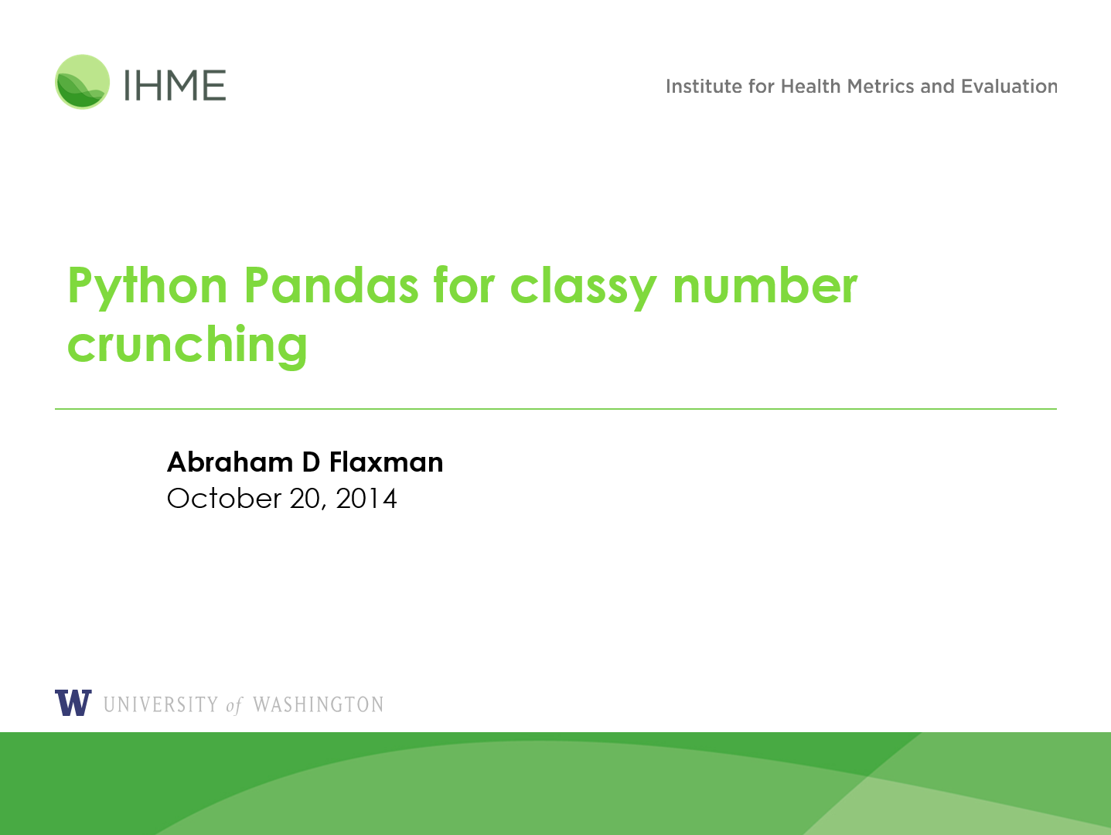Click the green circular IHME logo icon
pos(82,82)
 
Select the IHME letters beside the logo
pos(175,85)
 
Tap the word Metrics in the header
pos(881,87)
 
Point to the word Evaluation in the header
pos(1009,87)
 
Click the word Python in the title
pos(148,286)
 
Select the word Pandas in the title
pos(331,285)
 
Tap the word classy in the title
pos(583,288)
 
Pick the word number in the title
pos(765,285)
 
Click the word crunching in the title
pos(188,346)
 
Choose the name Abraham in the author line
pos(230,462)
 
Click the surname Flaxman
pos(387,462)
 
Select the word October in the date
pos(224,499)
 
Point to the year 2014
pos(366,499)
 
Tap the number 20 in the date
pos(305,499)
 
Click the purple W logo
pos(73,703)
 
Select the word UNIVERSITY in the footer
pos(161,704)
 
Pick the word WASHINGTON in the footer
pos(318,704)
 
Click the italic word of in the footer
pos(234,705)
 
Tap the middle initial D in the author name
pos(311,462)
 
